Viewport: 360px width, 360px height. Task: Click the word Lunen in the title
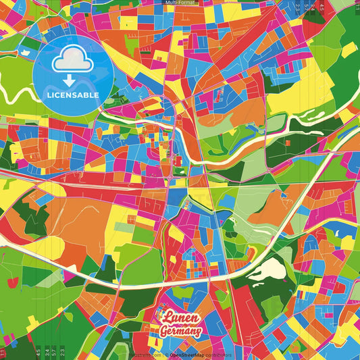tap(178, 317)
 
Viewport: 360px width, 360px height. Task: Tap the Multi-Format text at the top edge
tap(179, 3)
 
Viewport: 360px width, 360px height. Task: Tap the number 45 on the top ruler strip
tap(322, 7)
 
